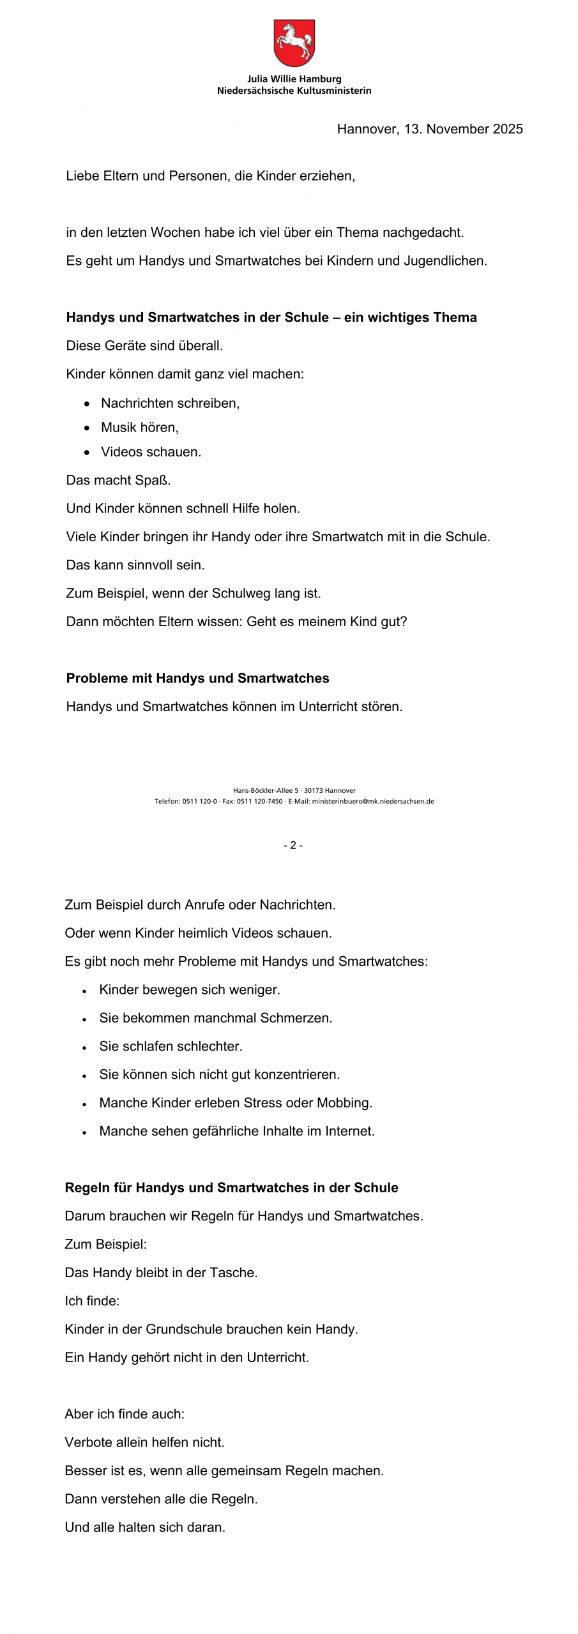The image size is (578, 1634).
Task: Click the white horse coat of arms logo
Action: (294, 43)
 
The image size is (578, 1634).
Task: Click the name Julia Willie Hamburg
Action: (294, 79)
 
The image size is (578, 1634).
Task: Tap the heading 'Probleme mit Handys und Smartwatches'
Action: (197, 678)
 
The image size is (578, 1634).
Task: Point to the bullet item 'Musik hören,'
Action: (139, 427)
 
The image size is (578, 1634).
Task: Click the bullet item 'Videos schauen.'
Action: (151, 452)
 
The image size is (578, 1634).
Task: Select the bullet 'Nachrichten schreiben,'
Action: (170, 403)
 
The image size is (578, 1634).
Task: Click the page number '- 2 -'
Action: (293, 845)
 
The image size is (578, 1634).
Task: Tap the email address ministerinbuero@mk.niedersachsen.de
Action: (372, 801)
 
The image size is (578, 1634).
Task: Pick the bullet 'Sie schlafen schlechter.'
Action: (171, 1046)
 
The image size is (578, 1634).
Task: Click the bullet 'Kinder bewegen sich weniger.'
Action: (190, 989)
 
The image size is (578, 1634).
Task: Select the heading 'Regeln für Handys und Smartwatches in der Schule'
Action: (231, 1187)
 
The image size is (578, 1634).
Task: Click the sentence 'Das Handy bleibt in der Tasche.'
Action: (161, 1272)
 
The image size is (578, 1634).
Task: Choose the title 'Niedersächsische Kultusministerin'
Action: (294, 91)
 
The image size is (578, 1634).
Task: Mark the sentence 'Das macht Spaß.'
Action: (118, 480)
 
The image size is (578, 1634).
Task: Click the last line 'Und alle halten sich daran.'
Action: (145, 1527)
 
